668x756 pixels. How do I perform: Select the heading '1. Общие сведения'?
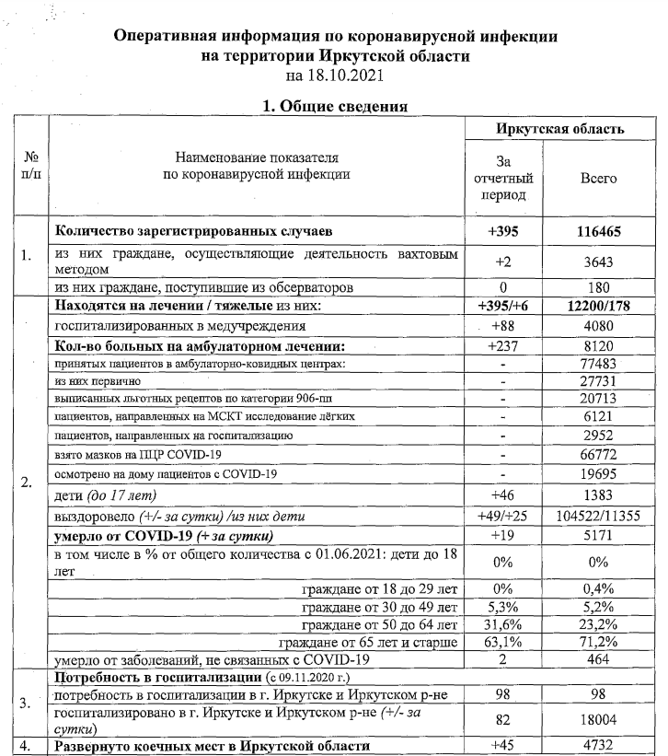click(x=335, y=107)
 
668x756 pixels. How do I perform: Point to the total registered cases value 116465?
click(x=598, y=230)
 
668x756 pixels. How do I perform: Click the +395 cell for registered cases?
click(x=503, y=230)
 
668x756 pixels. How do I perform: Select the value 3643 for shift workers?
click(x=598, y=262)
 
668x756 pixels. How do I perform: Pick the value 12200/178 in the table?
click(x=598, y=306)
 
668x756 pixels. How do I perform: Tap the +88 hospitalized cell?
click(x=503, y=325)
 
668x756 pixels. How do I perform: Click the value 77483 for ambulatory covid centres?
click(x=598, y=366)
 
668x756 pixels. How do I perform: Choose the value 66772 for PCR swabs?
click(x=598, y=456)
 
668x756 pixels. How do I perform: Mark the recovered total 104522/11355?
click(x=598, y=514)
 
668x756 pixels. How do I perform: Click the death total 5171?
click(x=598, y=534)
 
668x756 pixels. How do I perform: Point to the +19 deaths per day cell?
click(x=503, y=534)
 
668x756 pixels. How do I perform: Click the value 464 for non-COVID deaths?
click(x=598, y=659)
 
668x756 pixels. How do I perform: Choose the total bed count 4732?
click(x=598, y=745)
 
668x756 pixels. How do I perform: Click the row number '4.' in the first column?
click(x=28, y=745)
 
